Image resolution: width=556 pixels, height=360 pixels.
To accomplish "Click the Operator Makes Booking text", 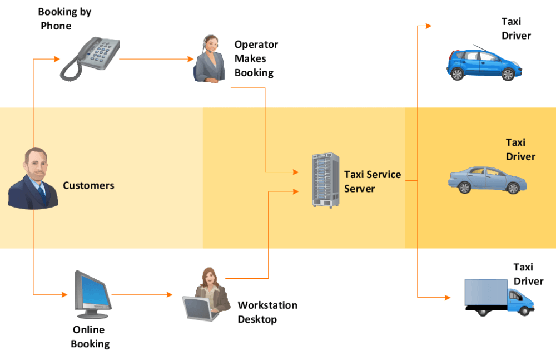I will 255,58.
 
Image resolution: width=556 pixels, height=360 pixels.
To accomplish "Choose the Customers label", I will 88,185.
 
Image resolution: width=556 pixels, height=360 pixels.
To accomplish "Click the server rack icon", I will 325,180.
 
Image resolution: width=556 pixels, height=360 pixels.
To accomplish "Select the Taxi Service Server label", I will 372,181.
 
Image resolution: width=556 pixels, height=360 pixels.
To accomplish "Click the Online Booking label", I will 90,337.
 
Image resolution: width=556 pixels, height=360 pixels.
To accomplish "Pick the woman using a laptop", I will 206,294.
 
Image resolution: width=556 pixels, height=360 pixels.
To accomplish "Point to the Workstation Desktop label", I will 267,312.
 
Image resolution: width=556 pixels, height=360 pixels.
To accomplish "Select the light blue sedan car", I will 488,180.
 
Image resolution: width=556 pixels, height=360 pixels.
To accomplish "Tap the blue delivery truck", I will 499,298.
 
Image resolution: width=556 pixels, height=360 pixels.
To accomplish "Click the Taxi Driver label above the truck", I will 528,274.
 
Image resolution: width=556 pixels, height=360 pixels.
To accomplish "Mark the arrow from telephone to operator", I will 155,58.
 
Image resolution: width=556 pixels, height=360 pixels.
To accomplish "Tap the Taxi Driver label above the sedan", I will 520,150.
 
